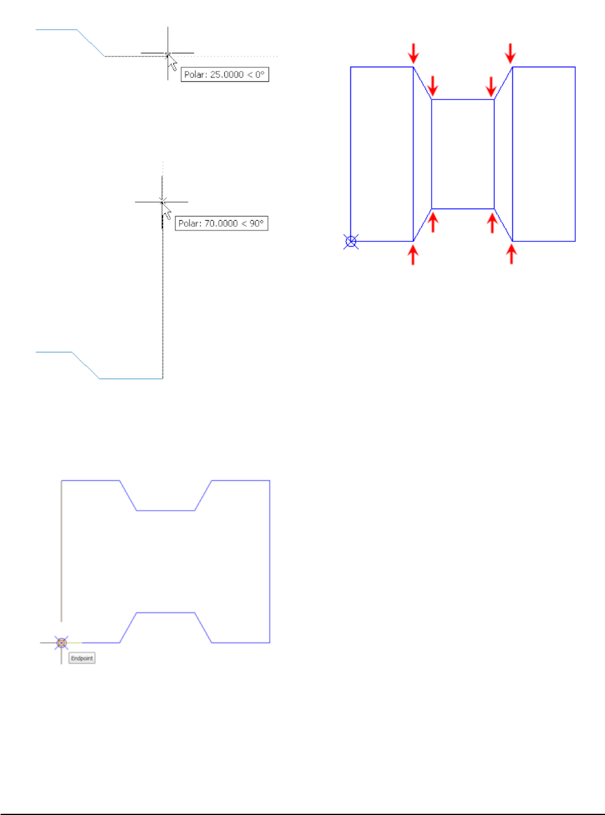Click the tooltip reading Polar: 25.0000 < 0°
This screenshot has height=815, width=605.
click(x=225, y=75)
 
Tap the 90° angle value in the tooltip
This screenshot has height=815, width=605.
click(x=257, y=223)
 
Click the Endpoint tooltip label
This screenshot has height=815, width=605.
click(x=82, y=658)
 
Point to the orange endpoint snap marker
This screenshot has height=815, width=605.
click(x=61, y=643)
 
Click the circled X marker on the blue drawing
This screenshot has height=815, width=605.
click(x=351, y=242)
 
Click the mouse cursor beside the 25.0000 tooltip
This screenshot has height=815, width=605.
click(x=172, y=62)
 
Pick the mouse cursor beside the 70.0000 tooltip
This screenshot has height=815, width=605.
click(x=167, y=212)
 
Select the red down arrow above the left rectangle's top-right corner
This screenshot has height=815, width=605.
click(x=413, y=53)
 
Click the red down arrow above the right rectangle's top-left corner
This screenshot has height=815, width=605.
click(x=510, y=53)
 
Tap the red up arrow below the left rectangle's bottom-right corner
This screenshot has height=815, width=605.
click(x=413, y=255)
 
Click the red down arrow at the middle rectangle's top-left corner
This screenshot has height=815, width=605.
click(x=433, y=86)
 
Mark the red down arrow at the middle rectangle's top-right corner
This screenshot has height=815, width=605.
click(x=492, y=86)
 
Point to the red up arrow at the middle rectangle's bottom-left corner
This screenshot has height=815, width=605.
click(x=433, y=222)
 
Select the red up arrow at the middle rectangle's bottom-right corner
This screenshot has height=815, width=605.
click(x=492, y=222)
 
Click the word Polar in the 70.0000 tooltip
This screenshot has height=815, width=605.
click(x=189, y=223)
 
